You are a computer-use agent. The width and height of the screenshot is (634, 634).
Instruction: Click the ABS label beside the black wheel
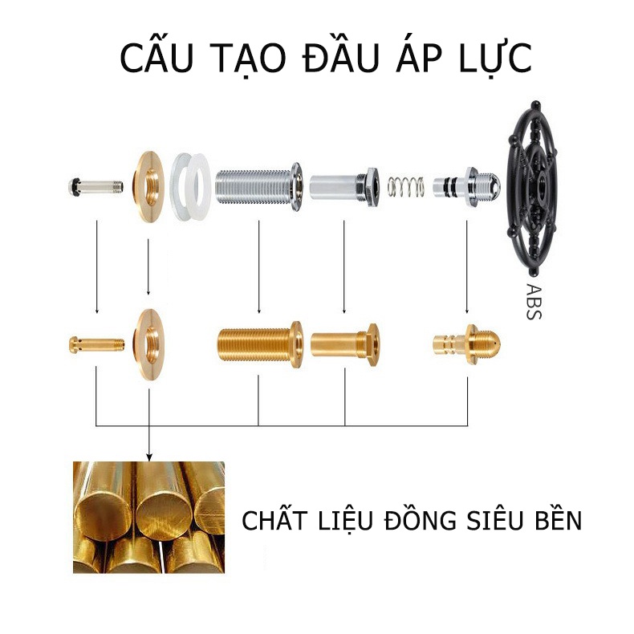[x=534, y=301]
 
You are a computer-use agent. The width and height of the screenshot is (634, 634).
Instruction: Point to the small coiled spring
[x=405, y=187]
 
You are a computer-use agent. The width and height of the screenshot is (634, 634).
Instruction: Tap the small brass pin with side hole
[x=96, y=344]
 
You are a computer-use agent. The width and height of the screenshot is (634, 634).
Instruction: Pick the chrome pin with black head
[x=96, y=187]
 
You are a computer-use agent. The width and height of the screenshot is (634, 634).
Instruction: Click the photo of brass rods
[x=148, y=517]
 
